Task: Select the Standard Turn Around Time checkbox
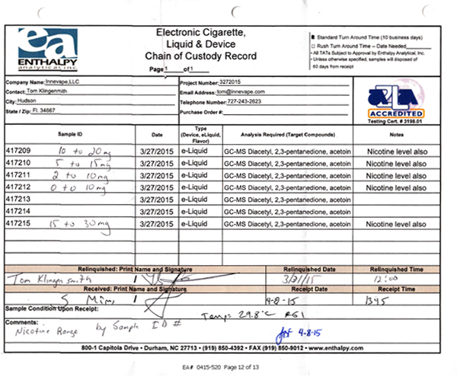tap(313, 36)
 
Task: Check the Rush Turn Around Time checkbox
tap(313, 45)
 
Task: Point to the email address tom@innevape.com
tap(244, 91)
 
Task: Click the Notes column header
tap(397, 133)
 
